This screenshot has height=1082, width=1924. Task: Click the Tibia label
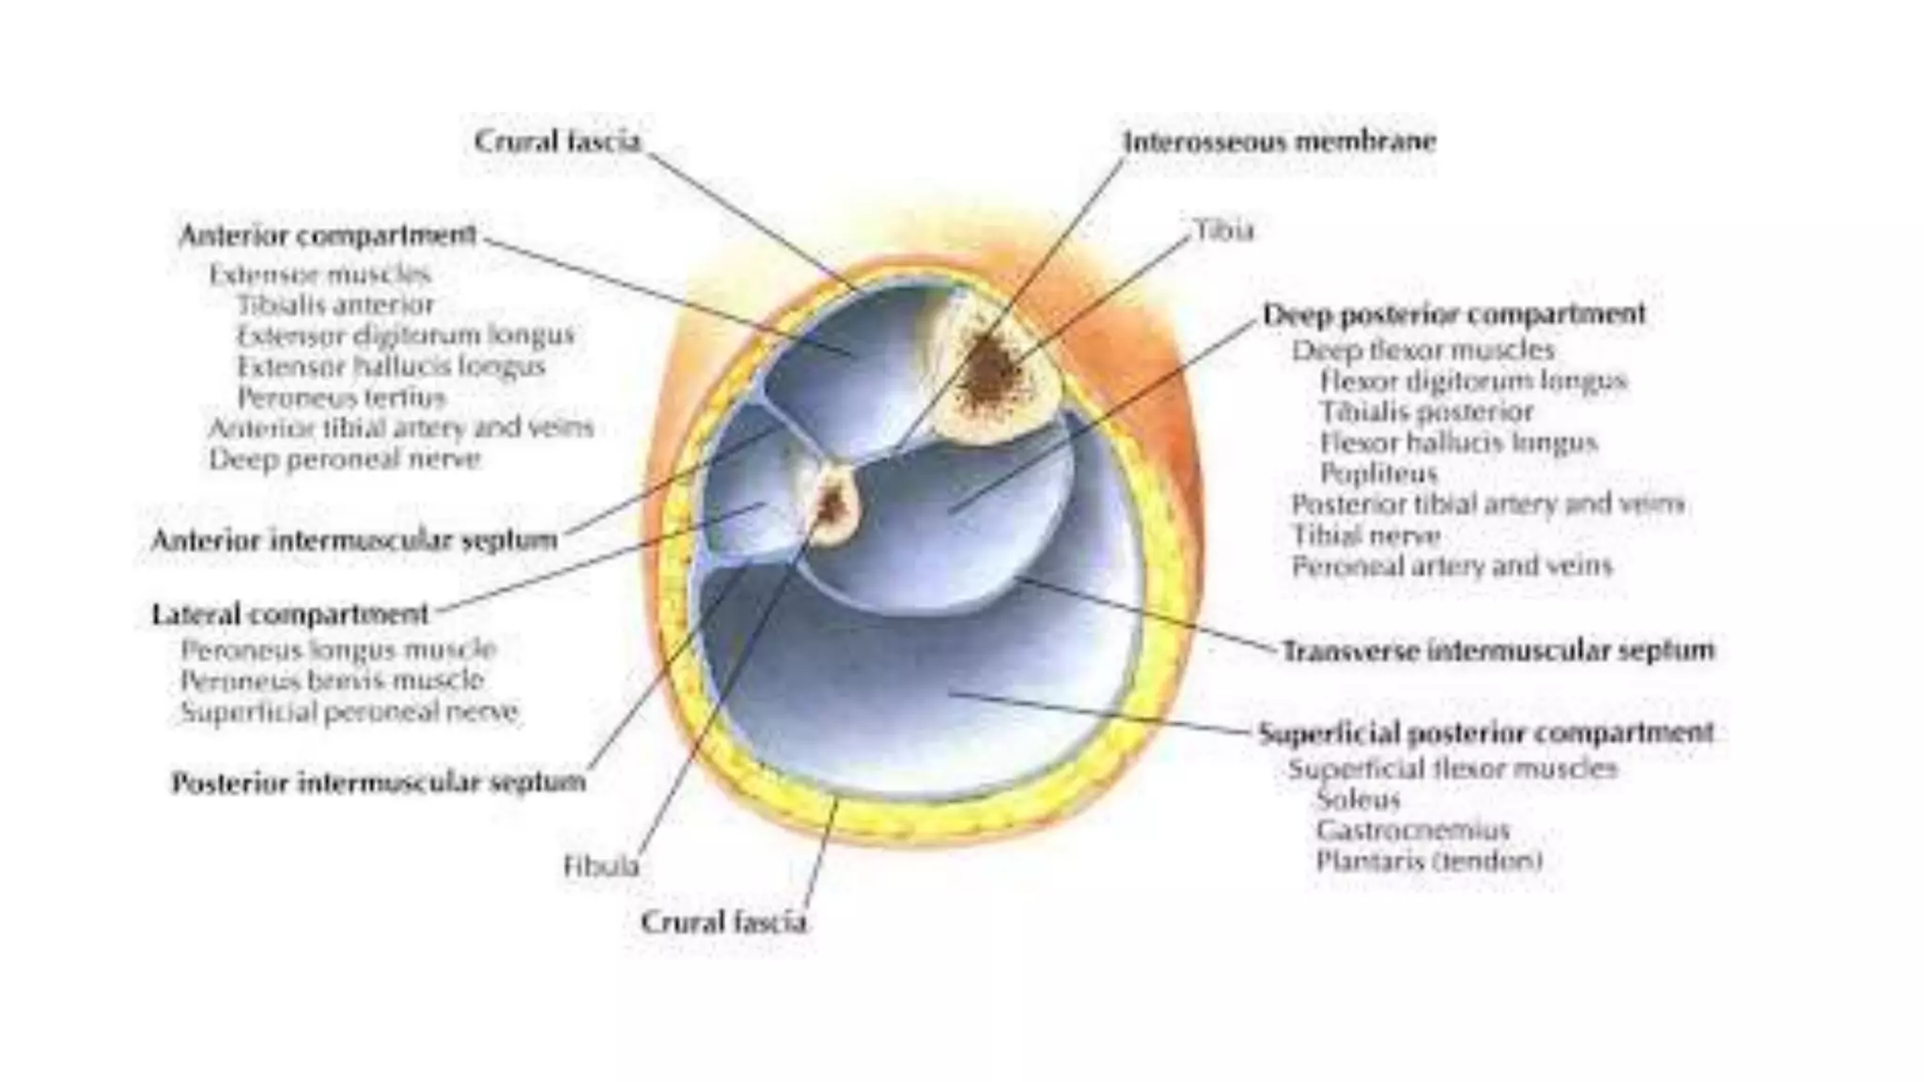tap(1223, 230)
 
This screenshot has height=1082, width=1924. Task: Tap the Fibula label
tap(601, 865)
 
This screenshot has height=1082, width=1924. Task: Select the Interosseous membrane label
tap(1280, 142)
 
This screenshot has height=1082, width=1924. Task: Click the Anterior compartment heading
tap(328, 235)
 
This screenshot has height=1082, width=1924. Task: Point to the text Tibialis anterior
tap(335, 305)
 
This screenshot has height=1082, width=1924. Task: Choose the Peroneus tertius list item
tap(341, 397)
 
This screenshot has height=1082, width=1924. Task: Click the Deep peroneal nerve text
tap(345, 459)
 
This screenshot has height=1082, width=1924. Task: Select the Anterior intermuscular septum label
tap(354, 540)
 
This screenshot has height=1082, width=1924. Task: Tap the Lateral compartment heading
tap(289, 614)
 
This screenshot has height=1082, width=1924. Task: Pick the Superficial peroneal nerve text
tap(349, 712)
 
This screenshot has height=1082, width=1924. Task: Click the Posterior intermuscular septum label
tap(378, 781)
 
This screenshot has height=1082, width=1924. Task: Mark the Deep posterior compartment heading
tap(1453, 314)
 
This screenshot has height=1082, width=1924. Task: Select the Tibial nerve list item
tap(1366, 535)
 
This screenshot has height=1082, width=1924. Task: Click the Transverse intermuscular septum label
tap(1497, 650)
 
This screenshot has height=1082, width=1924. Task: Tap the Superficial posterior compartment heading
tap(1486, 732)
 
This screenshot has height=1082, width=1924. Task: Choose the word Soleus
tap(1358, 799)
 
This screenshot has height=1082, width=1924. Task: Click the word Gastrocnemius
tap(1412, 830)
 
